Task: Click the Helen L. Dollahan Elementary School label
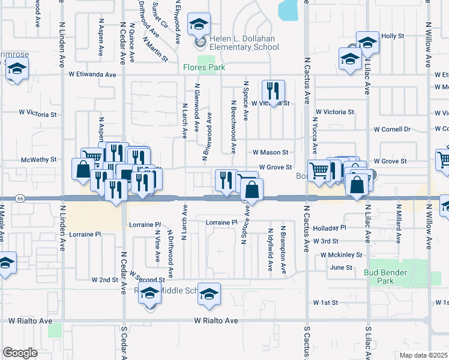click(246, 43)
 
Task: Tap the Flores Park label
click(204, 68)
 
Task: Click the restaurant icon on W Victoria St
click(273, 91)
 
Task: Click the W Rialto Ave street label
click(215, 321)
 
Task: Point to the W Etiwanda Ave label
click(92, 75)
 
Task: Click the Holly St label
click(393, 36)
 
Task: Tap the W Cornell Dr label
click(392, 129)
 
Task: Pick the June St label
click(340, 267)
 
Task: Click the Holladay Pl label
click(330, 228)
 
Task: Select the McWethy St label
click(38, 160)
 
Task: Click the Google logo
click(20, 352)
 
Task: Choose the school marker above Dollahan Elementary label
click(199, 25)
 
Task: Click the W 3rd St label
click(326, 241)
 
